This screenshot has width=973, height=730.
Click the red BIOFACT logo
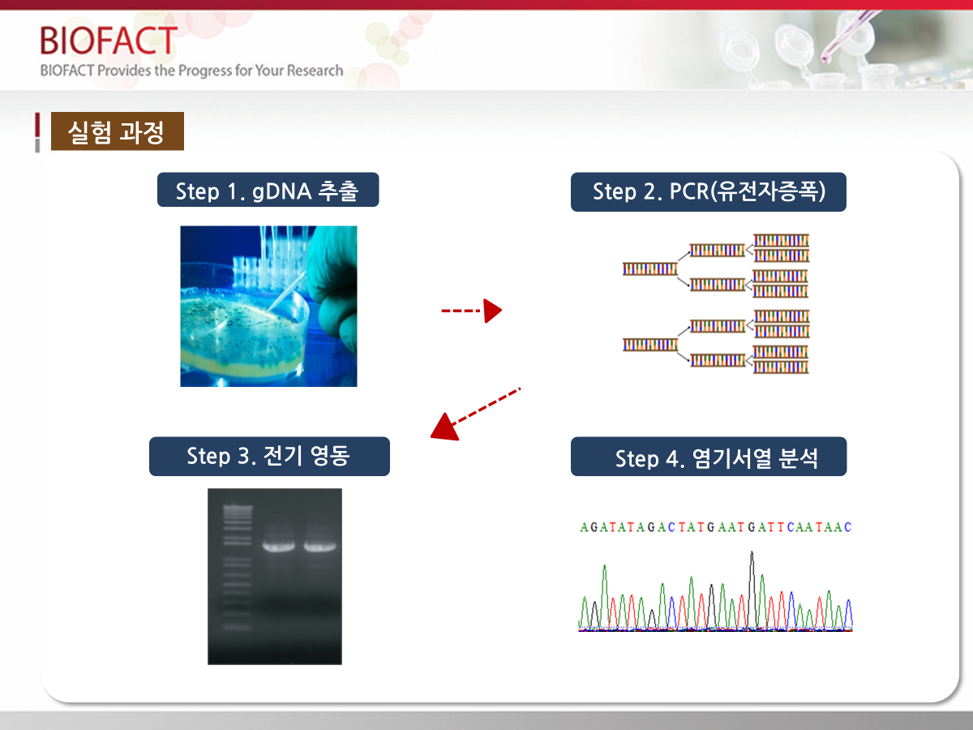click(x=109, y=41)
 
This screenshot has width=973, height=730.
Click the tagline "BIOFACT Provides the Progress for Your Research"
click(x=191, y=71)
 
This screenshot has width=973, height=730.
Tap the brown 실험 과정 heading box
click(x=118, y=131)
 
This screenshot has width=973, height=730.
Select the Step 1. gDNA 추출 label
click(x=268, y=190)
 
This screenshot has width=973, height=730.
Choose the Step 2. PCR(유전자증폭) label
click(x=709, y=192)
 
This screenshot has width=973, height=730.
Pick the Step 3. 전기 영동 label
click(x=269, y=457)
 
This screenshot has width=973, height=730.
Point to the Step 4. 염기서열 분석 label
click(x=709, y=457)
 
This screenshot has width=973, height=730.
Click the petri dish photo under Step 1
click(x=268, y=307)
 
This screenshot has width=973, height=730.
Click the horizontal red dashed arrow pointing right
click(x=472, y=311)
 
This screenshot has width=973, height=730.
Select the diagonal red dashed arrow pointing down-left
click(x=475, y=414)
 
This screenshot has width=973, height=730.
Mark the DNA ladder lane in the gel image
click(x=237, y=567)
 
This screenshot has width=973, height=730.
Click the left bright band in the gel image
click(x=278, y=546)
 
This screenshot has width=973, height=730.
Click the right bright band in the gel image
click(x=320, y=546)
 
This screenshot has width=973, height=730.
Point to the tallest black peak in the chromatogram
click(x=752, y=590)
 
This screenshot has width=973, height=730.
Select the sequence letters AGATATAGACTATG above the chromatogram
click(x=642, y=527)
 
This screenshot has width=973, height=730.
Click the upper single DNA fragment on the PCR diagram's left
click(x=650, y=269)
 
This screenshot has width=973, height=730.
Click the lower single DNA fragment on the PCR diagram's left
click(x=650, y=345)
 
